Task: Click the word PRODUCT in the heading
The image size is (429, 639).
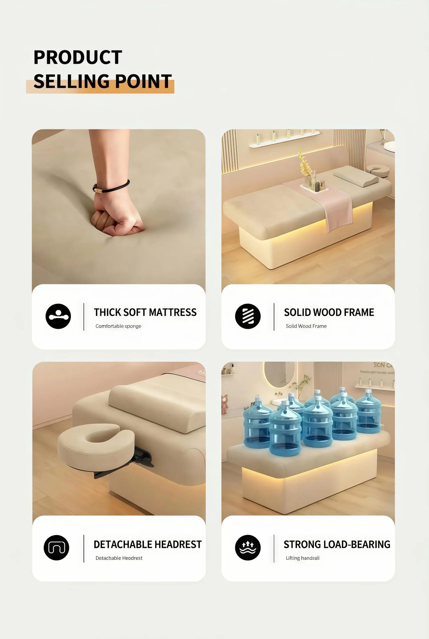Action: coord(78,57)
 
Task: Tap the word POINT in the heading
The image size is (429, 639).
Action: coord(143,81)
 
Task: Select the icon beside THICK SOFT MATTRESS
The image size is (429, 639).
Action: coord(58,316)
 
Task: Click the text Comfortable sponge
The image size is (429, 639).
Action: coord(118,326)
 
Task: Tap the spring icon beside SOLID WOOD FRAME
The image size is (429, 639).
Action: coord(248,316)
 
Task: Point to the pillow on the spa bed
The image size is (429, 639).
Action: coord(356,176)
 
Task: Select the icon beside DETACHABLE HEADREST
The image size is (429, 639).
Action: coord(56,548)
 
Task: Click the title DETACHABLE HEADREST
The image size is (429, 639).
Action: coord(147,544)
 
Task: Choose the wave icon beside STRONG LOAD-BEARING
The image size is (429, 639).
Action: coord(248,548)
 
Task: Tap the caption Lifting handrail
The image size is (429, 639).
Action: coord(303,558)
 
